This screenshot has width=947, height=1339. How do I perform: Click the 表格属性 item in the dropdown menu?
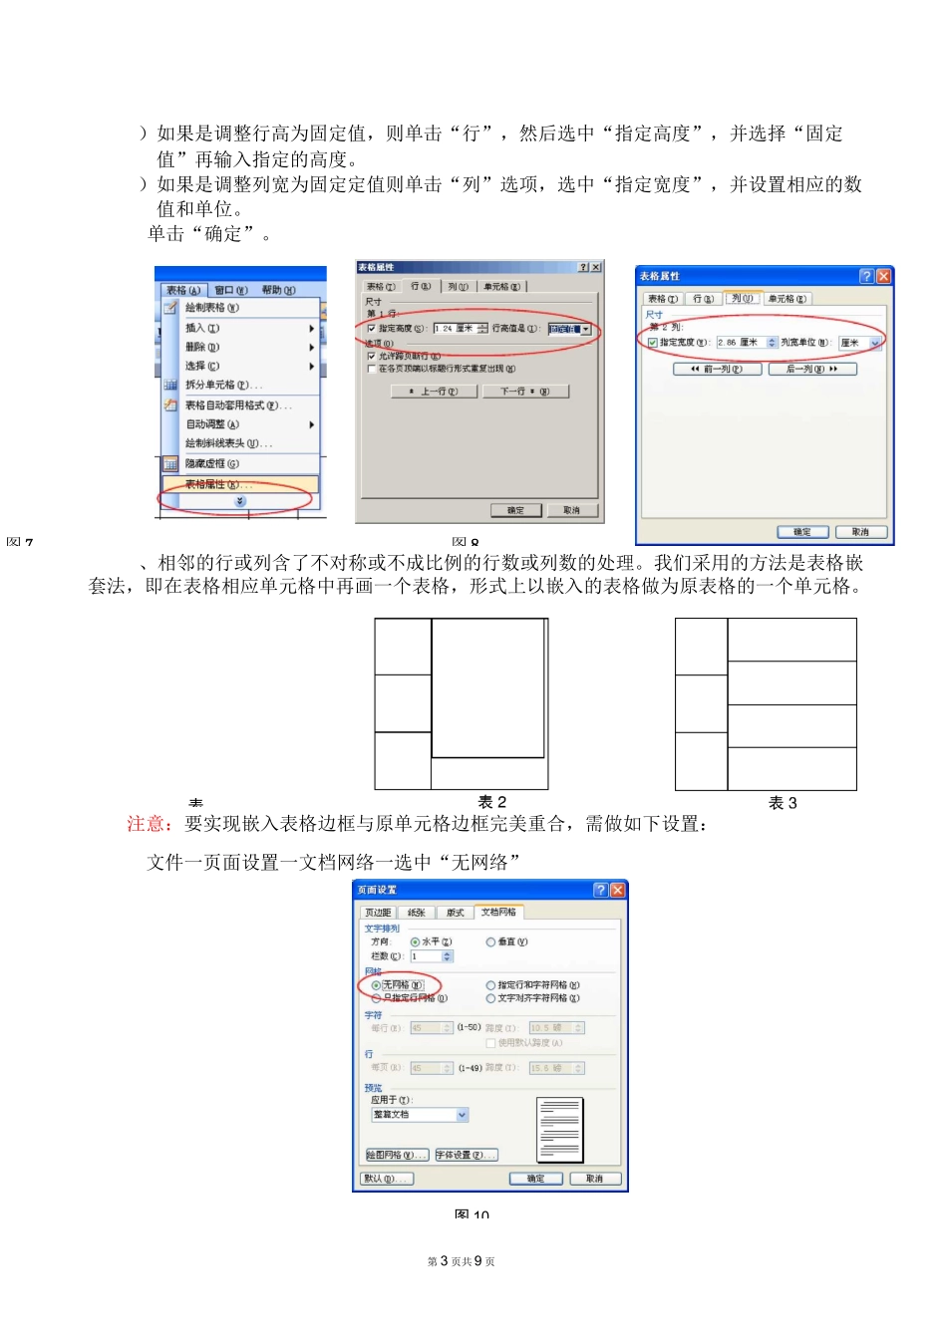point(213,485)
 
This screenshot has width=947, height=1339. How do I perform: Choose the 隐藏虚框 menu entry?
point(211,463)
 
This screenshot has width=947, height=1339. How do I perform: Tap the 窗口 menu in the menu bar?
point(231,290)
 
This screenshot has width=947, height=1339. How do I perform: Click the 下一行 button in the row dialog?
point(524,392)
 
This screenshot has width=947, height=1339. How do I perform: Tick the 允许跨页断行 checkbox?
point(372,356)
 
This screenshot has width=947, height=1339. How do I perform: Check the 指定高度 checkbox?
point(372,328)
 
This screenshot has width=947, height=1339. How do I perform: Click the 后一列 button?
point(812,369)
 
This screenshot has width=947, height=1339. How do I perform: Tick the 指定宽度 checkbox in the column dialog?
point(653,343)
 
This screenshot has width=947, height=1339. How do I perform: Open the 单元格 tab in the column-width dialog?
point(787,299)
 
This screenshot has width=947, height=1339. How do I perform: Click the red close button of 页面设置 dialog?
point(618,890)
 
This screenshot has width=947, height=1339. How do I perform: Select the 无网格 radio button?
point(376,985)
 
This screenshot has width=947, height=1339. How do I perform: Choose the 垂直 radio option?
point(490,941)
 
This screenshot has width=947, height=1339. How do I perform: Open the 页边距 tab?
point(378,913)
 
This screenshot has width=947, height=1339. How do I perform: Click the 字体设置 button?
point(466,1155)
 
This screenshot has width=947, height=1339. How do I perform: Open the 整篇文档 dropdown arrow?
point(463,1115)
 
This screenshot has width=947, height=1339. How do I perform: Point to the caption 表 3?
point(783,803)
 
